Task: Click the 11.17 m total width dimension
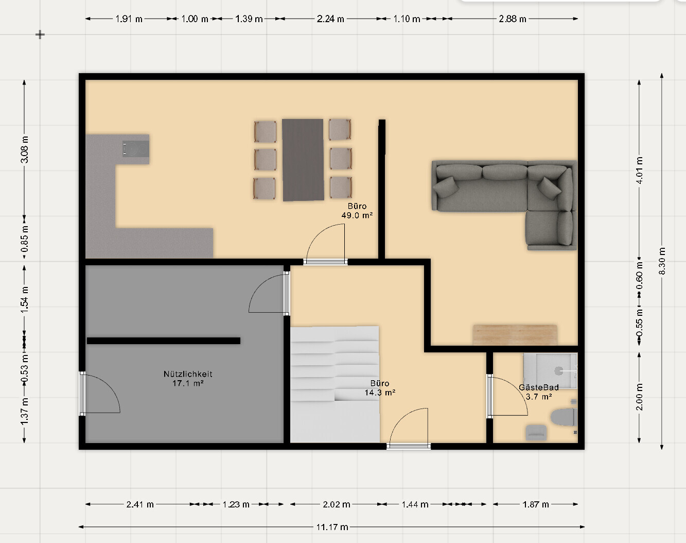(x=332, y=527)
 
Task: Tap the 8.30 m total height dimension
(x=662, y=261)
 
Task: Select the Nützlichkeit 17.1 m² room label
(x=188, y=379)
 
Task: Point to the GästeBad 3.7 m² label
(x=539, y=392)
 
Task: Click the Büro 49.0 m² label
(x=357, y=211)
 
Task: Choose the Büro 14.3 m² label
(x=380, y=388)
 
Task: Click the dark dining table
(x=303, y=160)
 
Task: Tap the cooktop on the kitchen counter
(x=136, y=149)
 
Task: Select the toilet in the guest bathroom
(x=564, y=417)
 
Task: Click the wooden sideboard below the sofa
(x=515, y=335)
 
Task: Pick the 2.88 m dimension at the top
(x=512, y=19)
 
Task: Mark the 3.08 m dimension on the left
(x=25, y=149)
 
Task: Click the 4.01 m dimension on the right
(x=639, y=170)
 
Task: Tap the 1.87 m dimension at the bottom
(x=536, y=504)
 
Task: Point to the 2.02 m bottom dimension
(x=336, y=504)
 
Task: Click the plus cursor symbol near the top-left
(x=40, y=35)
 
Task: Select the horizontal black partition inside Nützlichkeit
(x=164, y=341)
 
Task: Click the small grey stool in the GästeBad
(x=536, y=432)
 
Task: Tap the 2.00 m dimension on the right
(x=639, y=397)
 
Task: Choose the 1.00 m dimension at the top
(x=195, y=19)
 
